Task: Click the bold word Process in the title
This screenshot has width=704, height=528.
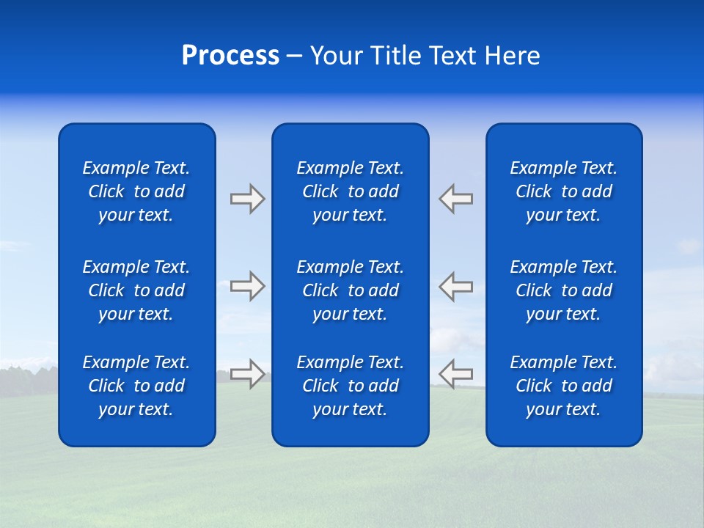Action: click(x=230, y=56)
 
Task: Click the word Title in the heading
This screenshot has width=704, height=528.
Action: click(x=395, y=56)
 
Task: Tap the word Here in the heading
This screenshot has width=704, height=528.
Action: click(x=511, y=56)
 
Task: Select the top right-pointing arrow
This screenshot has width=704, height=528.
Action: click(x=247, y=199)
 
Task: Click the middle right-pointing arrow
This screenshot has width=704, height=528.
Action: click(x=247, y=286)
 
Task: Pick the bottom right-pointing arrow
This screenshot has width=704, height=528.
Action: click(x=247, y=373)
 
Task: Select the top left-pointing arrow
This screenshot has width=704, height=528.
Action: click(x=456, y=199)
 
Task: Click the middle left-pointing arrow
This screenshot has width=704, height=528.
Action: click(x=456, y=286)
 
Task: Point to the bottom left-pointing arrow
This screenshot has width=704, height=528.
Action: click(x=456, y=373)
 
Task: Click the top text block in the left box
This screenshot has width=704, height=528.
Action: click(x=136, y=191)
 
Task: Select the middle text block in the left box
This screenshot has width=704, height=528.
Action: click(x=136, y=290)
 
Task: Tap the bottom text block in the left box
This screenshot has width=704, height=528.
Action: click(x=136, y=386)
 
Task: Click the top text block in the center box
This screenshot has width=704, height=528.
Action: click(x=351, y=191)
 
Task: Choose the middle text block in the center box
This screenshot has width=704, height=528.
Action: click(x=351, y=290)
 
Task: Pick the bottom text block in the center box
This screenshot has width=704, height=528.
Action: click(x=351, y=386)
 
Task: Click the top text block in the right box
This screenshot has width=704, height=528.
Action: click(x=564, y=191)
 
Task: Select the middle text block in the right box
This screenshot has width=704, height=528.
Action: click(x=564, y=290)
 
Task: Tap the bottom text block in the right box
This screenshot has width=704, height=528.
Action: click(x=564, y=386)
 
